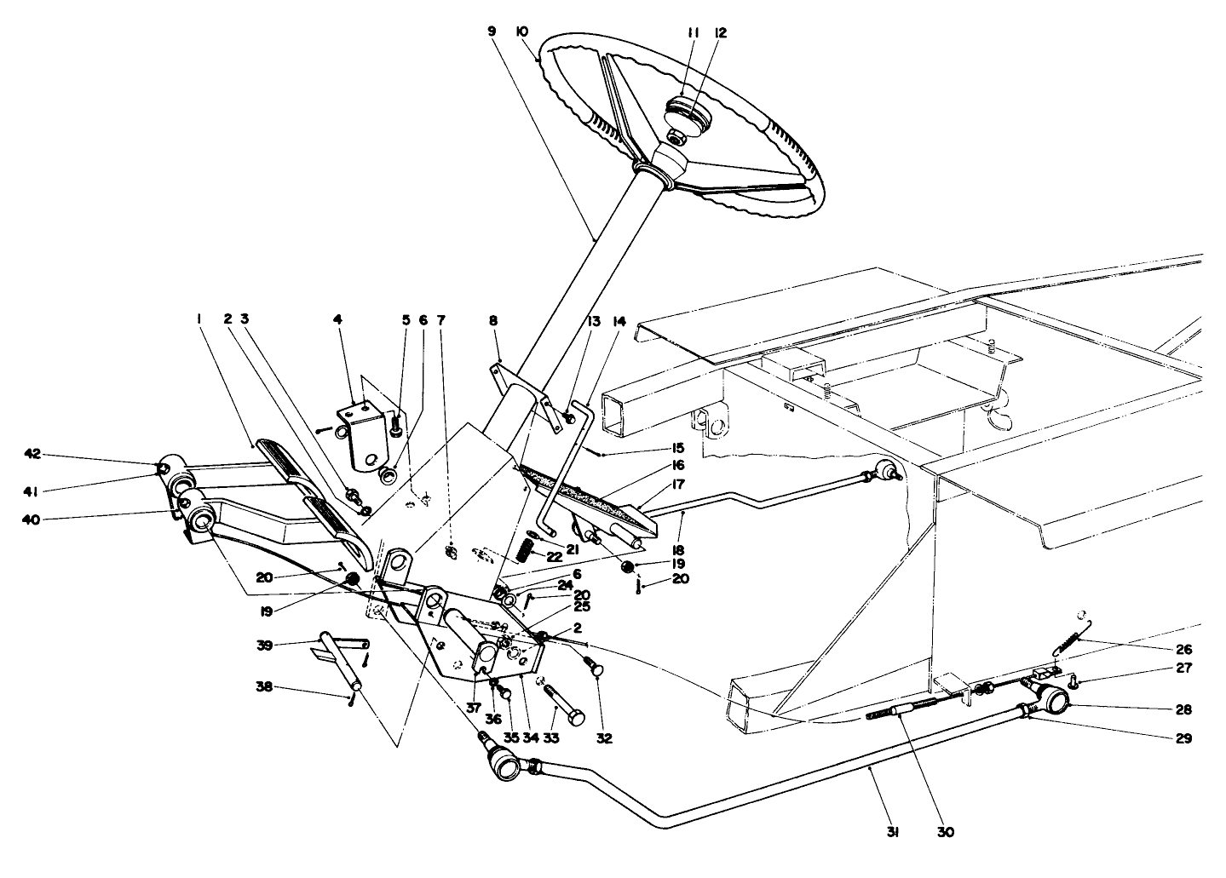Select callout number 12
(721, 32)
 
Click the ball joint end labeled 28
(1056, 699)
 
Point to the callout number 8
(493, 320)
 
